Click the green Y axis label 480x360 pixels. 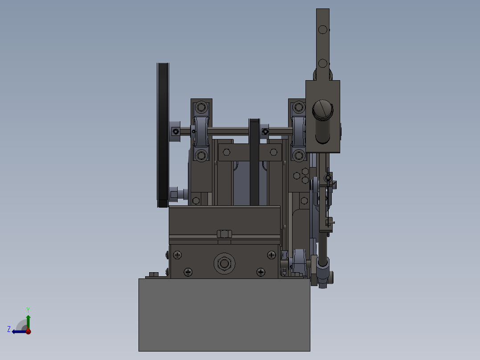click(x=28, y=309)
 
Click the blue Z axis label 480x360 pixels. click(x=9, y=329)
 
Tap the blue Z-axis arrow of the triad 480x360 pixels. click(x=18, y=331)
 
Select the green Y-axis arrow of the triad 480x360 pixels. click(x=28, y=320)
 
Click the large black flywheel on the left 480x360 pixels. click(x=163, y=134)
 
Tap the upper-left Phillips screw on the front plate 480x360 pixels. click(x=178, y=255)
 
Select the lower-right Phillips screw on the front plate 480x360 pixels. click(x=260, y=271)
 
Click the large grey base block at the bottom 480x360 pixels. click(x=224, y=315)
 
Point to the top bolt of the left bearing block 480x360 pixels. click(x=202, y=107)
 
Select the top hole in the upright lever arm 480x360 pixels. click(x=323, y=30)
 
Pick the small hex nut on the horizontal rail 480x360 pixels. click(x=224, y=234)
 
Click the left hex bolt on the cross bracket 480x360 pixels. click(x=226, y=152)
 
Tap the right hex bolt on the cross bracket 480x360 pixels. click(x=273, y=152)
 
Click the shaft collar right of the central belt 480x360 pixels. click(x=265, y=131)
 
